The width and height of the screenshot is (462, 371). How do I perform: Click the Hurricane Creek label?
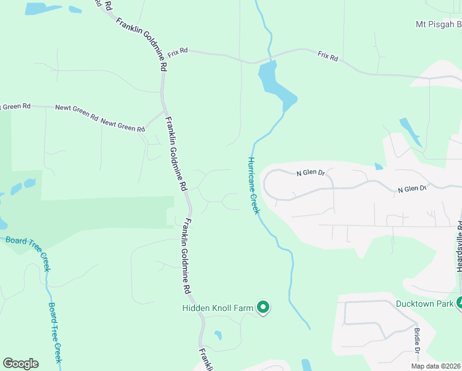[x=253, y=185]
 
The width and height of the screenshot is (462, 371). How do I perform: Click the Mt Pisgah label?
[x=438, y=25]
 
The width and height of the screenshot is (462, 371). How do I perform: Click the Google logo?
[x=20, y=364]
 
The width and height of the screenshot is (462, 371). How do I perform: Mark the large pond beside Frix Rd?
[x=275, y=83]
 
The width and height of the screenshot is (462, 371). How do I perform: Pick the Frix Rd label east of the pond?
[x=328, y=56]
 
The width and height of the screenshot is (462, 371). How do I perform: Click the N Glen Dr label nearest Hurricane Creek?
[x=310, y=173]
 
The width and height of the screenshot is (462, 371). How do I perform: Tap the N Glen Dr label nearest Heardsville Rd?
[x=412, y=189]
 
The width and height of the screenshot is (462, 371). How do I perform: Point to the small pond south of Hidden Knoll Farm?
[x=218, y=335]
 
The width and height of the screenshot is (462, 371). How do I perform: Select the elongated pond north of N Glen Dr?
[x=409, y=130]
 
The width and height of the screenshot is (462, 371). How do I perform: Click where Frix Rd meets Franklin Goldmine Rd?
[x=164, y=51]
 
